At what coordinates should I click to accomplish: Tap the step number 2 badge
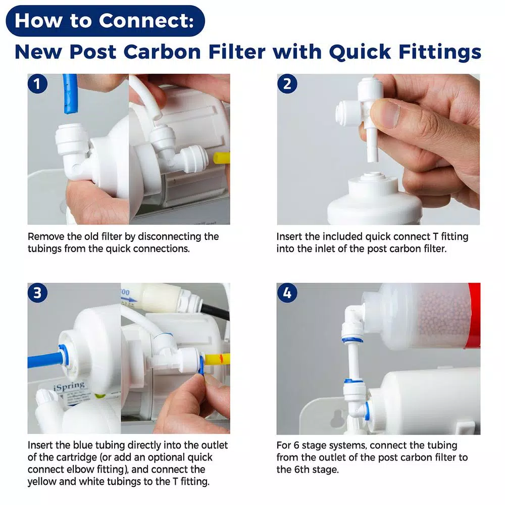[x=287, y=84]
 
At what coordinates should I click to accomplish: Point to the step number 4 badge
[x=287, y=293]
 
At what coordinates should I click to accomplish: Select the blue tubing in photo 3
[x=43, y=359]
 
